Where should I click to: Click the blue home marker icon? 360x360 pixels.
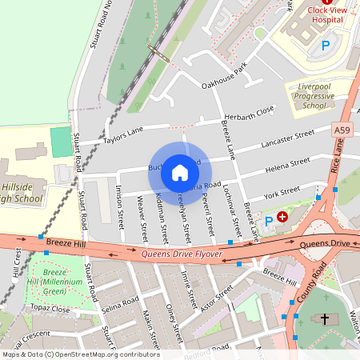pos(180,172)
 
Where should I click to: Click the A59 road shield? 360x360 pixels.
pos(341,130)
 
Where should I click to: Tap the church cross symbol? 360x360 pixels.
pos(325,319)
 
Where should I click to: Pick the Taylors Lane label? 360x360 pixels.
pos(122,135)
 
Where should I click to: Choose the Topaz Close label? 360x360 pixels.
pos(50,307)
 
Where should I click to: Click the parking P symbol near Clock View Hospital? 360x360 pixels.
pos(325,46)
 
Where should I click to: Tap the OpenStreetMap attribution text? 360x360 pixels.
pos(81,354)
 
